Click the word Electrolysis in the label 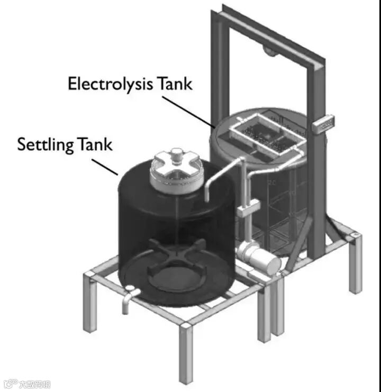point(110,84)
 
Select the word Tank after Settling point(95,144)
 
